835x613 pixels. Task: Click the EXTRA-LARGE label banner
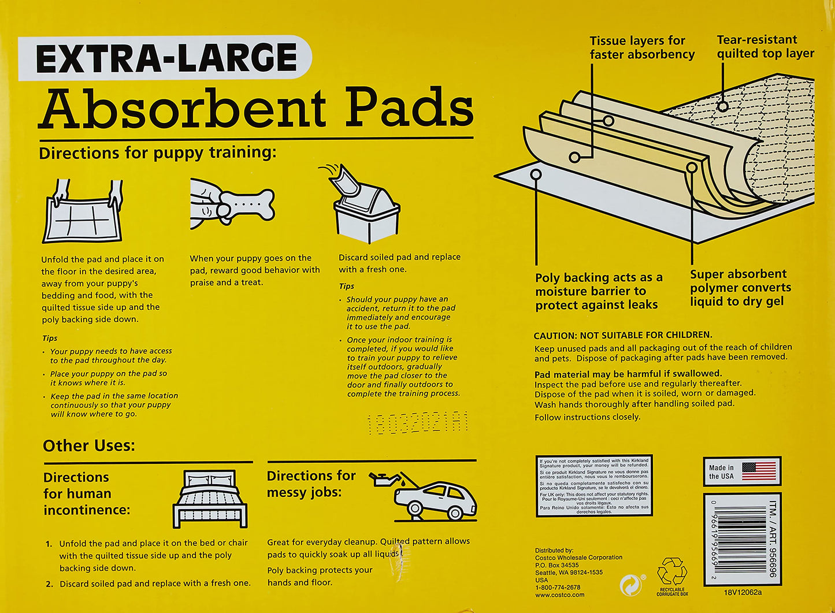click(x=165, y=58)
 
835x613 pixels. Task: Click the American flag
click(x=759, y=471)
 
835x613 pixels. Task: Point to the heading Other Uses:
click(x=88, y=445)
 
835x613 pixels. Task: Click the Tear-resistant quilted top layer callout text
click(x=765, y=47)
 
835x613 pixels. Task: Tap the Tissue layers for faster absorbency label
click(x=641, y=47)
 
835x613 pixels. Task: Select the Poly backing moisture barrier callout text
click(x=598, y=291)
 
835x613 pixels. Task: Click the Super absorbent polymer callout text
click(x=740, y=288)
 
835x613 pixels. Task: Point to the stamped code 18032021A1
click(x=417, y=423)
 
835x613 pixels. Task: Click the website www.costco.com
click(x=559, y=595)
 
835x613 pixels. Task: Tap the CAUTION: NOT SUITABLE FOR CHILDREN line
click(x=622, y=335)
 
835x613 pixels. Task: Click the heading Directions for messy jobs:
click(x=311, y=484)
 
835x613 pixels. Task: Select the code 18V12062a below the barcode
click(x=743, y=592)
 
